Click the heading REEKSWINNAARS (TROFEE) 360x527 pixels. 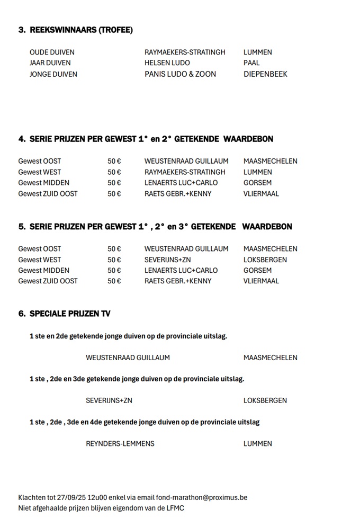[x=81, y=30]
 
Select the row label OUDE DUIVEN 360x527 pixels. [x=52, y=52]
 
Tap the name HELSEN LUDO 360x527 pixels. [x=167, y=63]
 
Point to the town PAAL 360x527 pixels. [x=251, y=63]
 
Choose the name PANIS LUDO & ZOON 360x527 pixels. [x=180, y=74]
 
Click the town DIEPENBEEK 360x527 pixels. [x=265, y=74]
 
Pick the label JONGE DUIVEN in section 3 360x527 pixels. [x=53, y=74]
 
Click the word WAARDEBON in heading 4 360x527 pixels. [x=248, y=139]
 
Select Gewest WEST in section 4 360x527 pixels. [x=39, y=172]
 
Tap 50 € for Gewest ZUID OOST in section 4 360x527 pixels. [x=114, y=194]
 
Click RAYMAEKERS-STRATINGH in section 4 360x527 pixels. [x=185, y=172]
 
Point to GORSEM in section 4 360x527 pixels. [x=257, y=183]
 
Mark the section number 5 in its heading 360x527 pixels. [x=22, y=227]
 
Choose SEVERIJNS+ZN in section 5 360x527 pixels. [x=167, y=260]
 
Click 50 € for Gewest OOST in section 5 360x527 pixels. [x=114, y=249]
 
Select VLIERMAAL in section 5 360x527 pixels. [x=261, y=281]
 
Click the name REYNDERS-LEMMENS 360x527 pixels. [x=120, y=444]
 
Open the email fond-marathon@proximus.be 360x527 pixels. [x=202, y=498]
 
